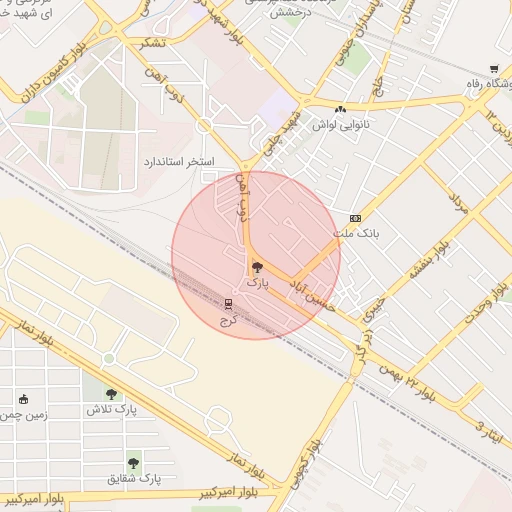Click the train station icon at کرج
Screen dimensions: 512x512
[x=229, y=304]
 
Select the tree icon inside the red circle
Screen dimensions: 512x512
[x=257, y=267]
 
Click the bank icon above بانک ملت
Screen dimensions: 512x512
[x=355, y=218]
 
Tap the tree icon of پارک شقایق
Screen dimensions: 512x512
[x=133, y=463]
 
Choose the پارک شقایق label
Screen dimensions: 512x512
[x=132, y=479]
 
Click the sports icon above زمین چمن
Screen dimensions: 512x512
[x=24, y=400]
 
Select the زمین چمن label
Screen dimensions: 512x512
[x=24, y=415]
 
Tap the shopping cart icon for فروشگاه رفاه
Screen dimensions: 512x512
[x=494, y=69]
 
